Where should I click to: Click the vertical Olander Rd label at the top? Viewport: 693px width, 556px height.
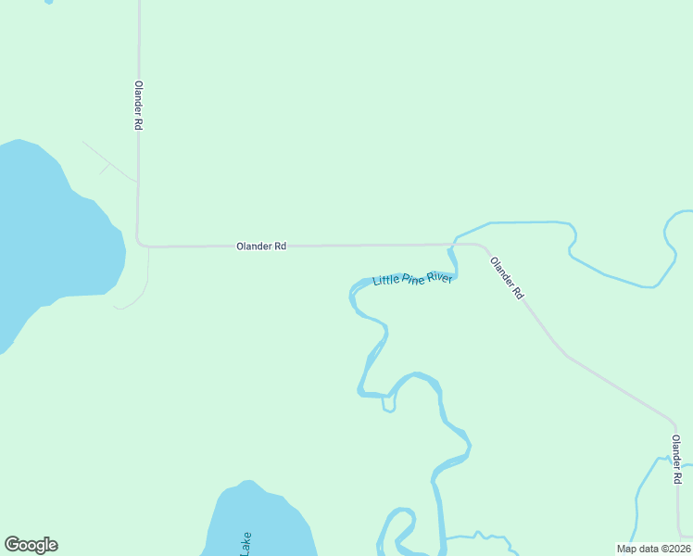[138, 105]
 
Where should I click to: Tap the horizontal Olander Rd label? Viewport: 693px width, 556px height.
[260, 246]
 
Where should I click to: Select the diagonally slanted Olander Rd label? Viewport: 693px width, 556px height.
[507, 278]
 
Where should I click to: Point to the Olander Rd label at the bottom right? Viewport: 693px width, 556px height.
[676, 459]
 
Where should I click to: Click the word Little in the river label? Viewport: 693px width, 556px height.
[384, 279]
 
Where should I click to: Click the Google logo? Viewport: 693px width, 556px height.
[31, 545]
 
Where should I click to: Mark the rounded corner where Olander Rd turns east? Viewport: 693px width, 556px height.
[140, 244]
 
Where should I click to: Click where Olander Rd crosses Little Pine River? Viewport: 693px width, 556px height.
[452, 246]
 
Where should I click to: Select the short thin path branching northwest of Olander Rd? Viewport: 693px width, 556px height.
[107, 160]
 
